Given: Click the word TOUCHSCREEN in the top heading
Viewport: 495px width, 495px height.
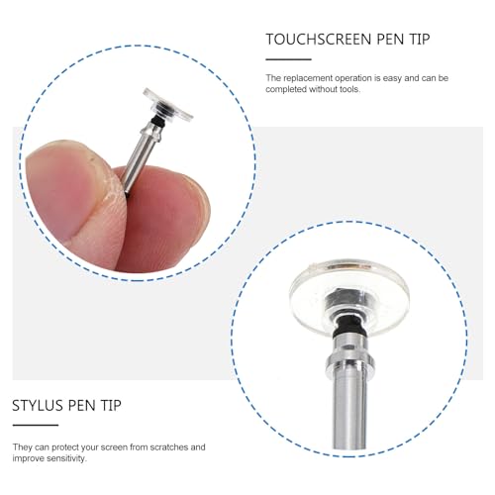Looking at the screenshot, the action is pos(319,40).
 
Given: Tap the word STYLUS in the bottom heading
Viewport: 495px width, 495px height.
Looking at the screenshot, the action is pos(38,405).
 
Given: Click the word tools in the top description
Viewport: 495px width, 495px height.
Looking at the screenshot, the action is pos(349,89).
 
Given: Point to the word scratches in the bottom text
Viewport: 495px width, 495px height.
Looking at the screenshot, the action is pos(168,447).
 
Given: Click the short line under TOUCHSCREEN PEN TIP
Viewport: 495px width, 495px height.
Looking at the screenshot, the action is pos(288,59).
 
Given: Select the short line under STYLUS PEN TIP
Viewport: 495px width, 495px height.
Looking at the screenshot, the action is pos(36,425).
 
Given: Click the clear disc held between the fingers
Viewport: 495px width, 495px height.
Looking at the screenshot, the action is pos(167,104).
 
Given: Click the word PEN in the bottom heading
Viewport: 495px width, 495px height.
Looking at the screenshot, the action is pos(82,405).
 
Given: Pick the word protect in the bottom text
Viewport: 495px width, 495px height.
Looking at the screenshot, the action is pos(65,447).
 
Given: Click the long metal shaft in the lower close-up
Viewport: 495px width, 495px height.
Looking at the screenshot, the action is pos(349,409).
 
